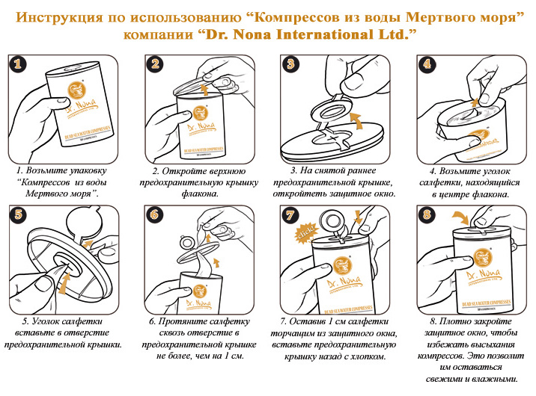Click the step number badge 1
point(20,66)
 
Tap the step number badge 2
point(156,66)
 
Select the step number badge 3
point(290,66)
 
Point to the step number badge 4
point(426,66)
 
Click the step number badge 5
point(20,215)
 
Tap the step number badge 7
point(290,215)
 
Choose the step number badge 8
point(426,215)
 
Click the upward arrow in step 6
point(217,262)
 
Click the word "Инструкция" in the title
point(53,16)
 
